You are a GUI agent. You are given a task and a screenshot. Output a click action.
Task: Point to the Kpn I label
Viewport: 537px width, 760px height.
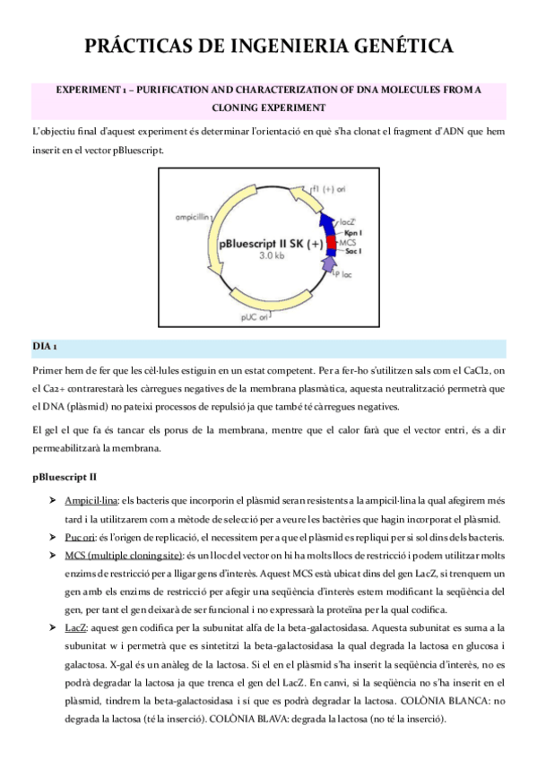tap(354, 233)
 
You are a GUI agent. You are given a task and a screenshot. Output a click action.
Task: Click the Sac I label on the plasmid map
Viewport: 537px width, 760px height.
tap(354, 252)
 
